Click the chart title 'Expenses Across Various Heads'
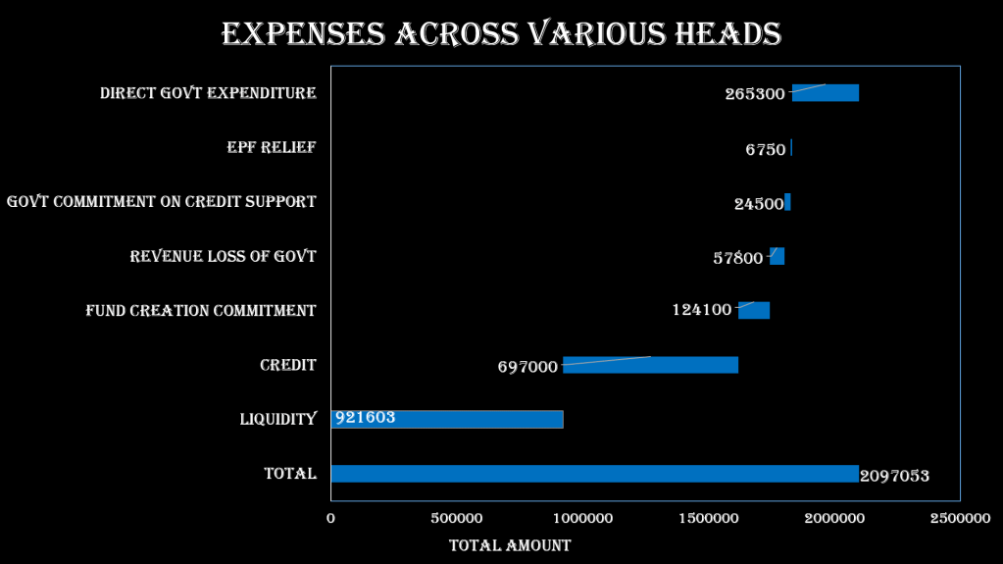click(x=501, y=34)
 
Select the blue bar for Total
click(x=594, y=474)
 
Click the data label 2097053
click(x=894, y=477)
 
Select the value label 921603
click(x=366, y=417)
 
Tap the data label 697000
click(x=527, y=367)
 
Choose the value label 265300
click(x=755, y=94)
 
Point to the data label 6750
click(x=765, y=150)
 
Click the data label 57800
click(x=737, y=258)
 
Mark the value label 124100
click(x=701, y=310)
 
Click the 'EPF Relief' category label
click(x=272, y=147)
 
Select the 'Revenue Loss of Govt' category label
click(x=224, y=257)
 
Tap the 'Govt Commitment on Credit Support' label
click(x=162, y=202)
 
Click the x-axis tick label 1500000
click(x=708, y=517)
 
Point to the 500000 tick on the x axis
click(x=457, y=517)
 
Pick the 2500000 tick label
click(x=960, y=517)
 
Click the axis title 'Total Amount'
click(x=510, y=545)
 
